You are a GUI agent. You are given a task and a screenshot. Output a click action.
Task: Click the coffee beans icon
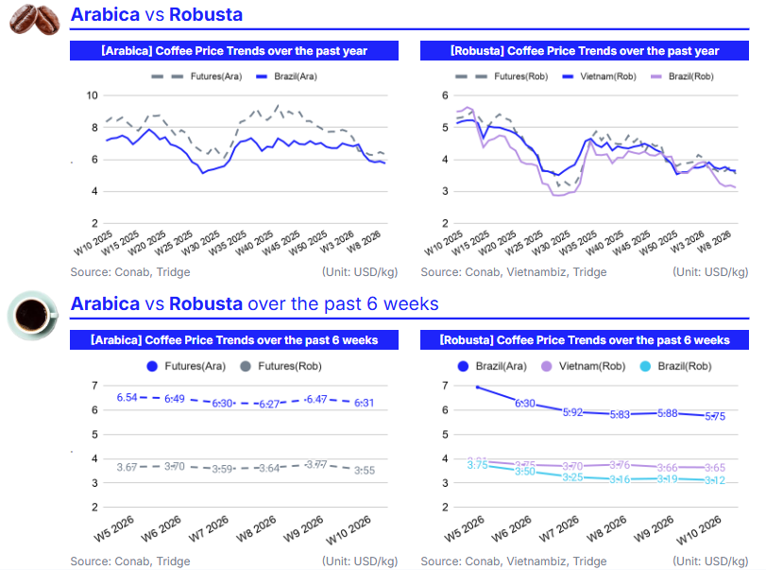[x=34, y=19]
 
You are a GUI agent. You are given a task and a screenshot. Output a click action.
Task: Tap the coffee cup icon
[x=33, y=314]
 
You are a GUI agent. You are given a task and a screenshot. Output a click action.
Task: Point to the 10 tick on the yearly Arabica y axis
[x=92, y=95]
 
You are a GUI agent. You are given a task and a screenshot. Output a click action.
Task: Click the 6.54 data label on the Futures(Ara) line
[x=128, y=398]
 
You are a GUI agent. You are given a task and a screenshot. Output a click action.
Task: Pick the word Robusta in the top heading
[x=205, y=14]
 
